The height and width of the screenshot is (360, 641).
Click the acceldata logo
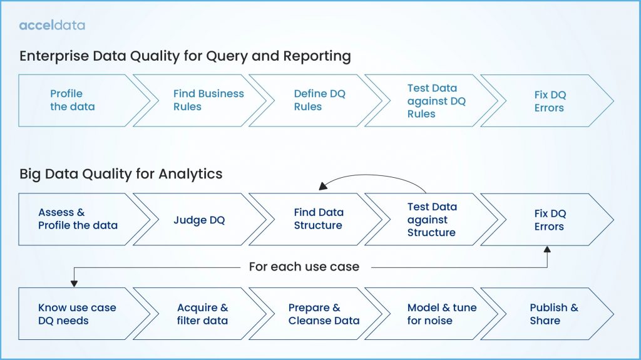pyautogui.click(x=52, y=26)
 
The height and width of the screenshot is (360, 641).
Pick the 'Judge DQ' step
pyautogui.click(x=198, y=220)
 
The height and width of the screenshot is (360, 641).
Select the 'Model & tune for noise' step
pyautogui.click(x=438, y=314)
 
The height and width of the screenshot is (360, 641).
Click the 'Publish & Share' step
pyautogui.click(x=551, y=314)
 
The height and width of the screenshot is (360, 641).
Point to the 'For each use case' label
pyautogui.click(x=304, y=267)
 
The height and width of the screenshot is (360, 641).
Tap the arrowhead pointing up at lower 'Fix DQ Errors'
pyautogui.click(x=548, y=249)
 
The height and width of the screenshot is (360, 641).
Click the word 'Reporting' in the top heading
pyautogui.click(x=317, y=56)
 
